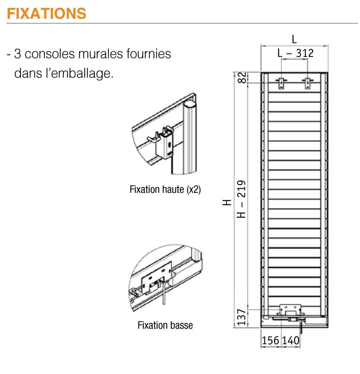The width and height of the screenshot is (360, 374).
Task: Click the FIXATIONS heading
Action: coord(46,13)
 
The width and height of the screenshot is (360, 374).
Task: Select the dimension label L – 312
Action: coord(295,53)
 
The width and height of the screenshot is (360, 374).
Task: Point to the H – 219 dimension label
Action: coord(243,199)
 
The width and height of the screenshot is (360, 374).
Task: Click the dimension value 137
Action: coord(243,317)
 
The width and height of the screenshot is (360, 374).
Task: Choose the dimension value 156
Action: coord(271,340)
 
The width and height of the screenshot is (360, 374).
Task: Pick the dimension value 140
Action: coord(290,340)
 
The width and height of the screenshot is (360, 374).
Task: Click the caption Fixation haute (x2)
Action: coord(165,190)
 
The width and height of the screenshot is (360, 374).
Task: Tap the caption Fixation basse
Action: coord(165,325)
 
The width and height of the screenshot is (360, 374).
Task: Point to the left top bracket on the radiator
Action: coord(281,83)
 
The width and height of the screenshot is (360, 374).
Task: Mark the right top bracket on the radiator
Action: coord(307,83)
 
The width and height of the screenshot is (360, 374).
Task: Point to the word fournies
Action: coord(148,54)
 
